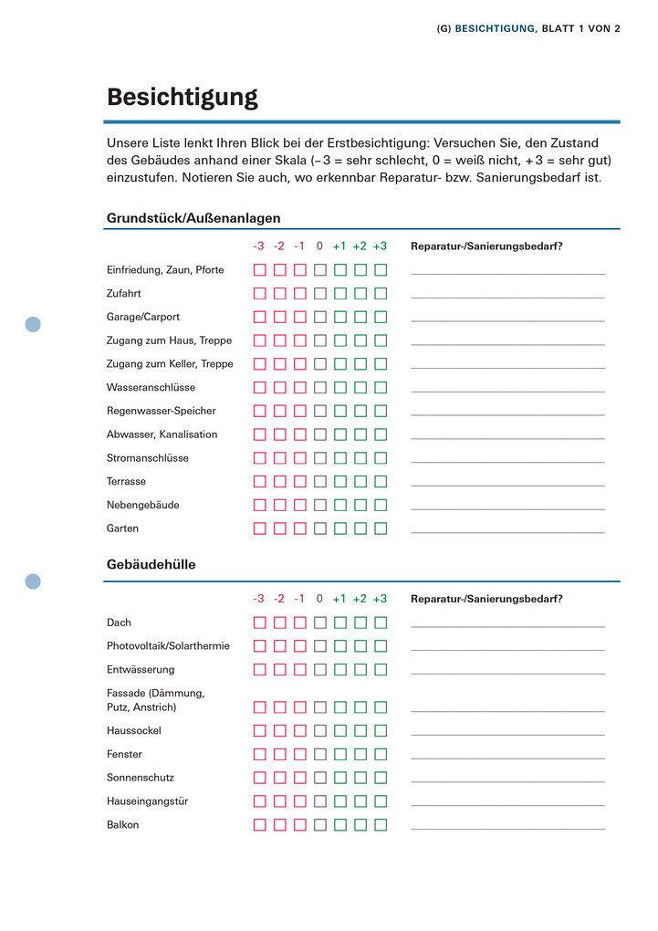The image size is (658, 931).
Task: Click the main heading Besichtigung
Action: [183, 98]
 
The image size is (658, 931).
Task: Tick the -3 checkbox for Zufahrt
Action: [259, 294]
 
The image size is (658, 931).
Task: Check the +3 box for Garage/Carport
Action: [381, 318]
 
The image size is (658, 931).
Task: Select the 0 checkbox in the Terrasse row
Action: [320, 482]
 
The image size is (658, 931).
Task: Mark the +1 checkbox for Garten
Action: [340, 528]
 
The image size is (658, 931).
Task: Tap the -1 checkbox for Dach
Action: [299, 623]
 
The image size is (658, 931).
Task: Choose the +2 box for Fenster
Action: [360, 755]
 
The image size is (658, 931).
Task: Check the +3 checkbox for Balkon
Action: [381, 825]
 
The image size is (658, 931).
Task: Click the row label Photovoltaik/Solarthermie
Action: [168, 646]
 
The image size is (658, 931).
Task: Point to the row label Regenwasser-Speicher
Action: [162, 411]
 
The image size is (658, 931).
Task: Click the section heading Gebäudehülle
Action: [151, 565]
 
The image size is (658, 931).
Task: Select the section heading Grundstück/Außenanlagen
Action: [193, 218]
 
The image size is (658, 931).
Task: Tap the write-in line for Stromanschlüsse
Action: [507, 462]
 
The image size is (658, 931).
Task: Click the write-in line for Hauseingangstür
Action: [507, 805]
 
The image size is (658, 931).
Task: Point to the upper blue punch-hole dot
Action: [33, 324]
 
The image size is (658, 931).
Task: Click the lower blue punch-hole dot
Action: [33, 581]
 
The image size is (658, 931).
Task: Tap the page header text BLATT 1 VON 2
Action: [580, 28]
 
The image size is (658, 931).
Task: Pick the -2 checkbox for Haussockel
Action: [279, 731]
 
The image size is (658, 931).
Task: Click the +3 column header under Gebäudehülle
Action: [380, 599]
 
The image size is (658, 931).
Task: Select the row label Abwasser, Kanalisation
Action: [162, 434]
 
